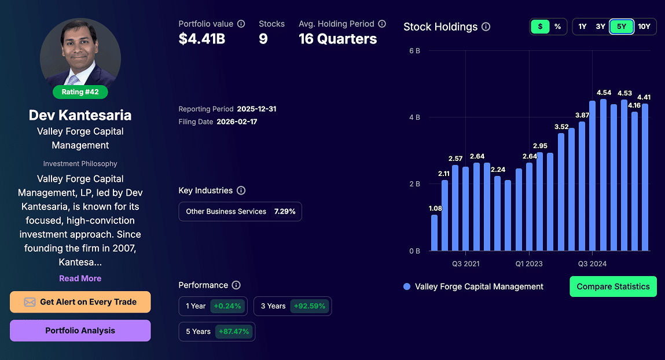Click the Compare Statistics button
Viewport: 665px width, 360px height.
pyautogui.click(x=613, y=286)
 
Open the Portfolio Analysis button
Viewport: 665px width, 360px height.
pyautogui.click(x=80, y=330)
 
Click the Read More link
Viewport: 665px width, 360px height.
pyautogui.click(x=80, y=278)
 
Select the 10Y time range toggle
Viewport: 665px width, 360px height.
pyautogui.click(x=644, y=27)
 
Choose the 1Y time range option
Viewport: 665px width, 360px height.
pyautogui.click(x=582, y=27)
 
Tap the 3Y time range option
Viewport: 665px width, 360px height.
pyautogui.click(x=600, y=27)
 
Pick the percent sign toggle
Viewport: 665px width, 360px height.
pyautogui.click(x=557, y=27)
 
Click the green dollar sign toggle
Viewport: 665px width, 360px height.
pyautogui.click(x=540, y=27)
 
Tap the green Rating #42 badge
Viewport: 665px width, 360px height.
pyautogui.click(x=80, y=92)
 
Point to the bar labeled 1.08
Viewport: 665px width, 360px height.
pyautogui.click(x=435, y=233)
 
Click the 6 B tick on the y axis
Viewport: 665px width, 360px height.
pyautogui.click(x=414, y=51)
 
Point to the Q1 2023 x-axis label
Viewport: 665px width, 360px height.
pyautogui.click(x=529, y=264)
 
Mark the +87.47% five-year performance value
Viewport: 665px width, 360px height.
pyautogui.click(x=234, y=332)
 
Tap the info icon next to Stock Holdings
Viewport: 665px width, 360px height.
pyautogui.click(x=486, y=27)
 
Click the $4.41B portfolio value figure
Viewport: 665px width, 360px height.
pyautogui.click(x=201, y=39)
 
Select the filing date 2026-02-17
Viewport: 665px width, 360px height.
pyautogui.click(x=237, y=122)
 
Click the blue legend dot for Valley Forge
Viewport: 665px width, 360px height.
pyautogui.click(x=407, y=286)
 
